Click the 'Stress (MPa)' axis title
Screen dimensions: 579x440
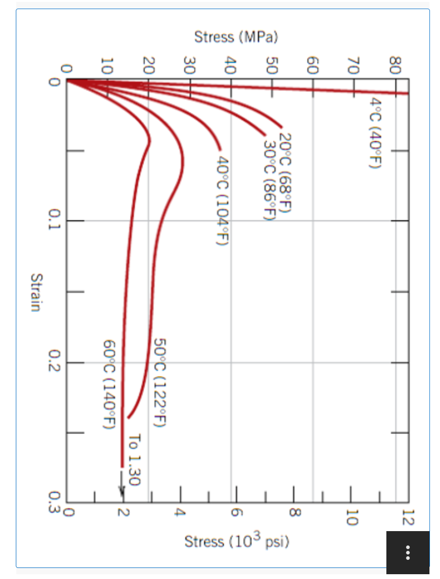[x=236, y=37]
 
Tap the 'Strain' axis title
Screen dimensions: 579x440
[x=35, y=292]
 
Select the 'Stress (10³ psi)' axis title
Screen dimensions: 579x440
[x=237, y=542]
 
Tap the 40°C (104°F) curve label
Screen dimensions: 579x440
[x=221, y=200]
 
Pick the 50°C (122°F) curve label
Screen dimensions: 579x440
[x=160, y=382]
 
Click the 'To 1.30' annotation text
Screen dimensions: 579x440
[x=135, y=460]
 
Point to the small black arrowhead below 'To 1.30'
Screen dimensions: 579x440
[x=122, y=493]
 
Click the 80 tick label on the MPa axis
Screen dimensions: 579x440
[x=395, y=66]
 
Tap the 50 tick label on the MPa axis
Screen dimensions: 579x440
[x=272, y=66]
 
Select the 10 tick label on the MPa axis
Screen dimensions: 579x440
[x=108, y=66]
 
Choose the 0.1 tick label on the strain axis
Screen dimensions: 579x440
[x=56, y=221]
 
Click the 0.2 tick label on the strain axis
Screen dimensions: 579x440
[x=56, y=363]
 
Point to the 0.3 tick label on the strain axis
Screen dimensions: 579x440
[x=56, y=503]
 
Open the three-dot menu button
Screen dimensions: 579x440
[x=408, y=552]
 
